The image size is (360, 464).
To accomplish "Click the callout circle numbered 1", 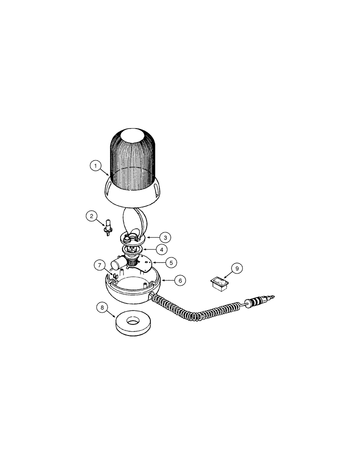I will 95,165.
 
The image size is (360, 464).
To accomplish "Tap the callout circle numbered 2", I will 92,216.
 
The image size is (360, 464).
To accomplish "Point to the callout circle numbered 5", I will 171,263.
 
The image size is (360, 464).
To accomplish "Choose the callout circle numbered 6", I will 180,280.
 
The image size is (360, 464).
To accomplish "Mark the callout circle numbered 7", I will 100,265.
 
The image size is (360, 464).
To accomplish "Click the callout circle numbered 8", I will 102,307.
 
